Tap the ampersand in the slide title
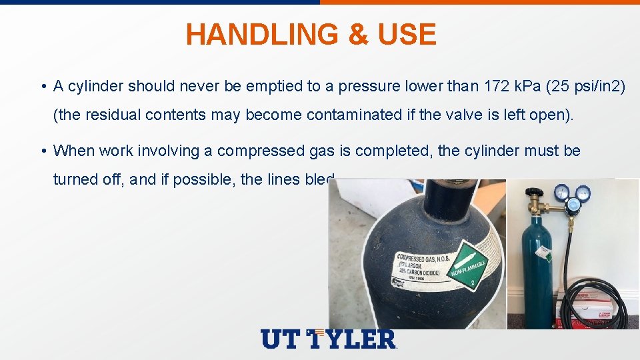[359, 35]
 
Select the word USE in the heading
[407, 35]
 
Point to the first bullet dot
[42, 87]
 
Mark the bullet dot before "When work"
[42, 151]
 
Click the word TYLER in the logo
[353, 339]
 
